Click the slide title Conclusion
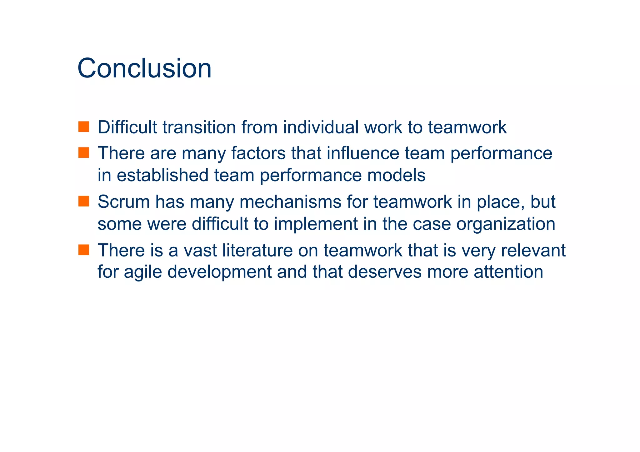(144, 68)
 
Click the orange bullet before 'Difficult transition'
(83, 127)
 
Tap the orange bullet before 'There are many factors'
(83, 153)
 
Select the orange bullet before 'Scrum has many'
(83, 201)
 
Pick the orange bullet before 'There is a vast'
(83, 250)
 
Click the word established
(162, 175)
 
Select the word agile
(142, 272)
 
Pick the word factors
(258, 153)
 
